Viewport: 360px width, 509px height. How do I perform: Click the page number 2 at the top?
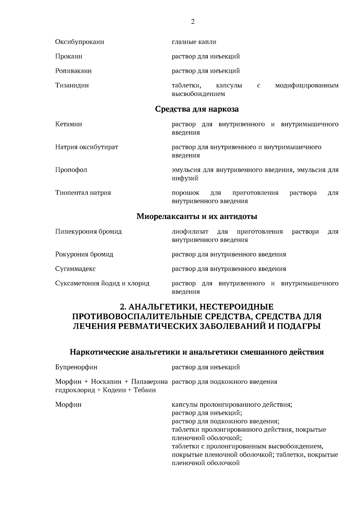coord(193,22)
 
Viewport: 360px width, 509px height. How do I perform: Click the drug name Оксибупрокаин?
coord(79,42)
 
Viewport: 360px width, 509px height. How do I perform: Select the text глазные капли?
coord(194,42)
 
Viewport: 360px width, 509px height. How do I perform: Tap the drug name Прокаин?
coord(69,56)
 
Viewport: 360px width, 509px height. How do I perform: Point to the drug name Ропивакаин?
coord(73,71)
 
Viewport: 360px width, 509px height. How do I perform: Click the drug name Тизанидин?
coord(72,85)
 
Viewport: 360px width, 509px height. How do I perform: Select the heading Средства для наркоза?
coord(197,109)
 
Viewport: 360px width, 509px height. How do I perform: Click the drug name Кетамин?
coord(68,124)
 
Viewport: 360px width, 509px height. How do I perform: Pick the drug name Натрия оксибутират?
coord(86,147)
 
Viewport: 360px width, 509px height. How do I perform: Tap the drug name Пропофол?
coord(71,170)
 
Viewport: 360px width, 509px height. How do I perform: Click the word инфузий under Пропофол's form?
coord(181,178)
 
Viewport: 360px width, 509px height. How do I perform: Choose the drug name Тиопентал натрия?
coord(83,193)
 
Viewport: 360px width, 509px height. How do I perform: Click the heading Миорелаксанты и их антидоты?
coord(197,216)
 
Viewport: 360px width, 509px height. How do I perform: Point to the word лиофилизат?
coord(189,232)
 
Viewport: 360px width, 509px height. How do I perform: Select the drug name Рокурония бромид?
coord(84,254)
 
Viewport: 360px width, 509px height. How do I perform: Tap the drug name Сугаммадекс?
coord(75,269)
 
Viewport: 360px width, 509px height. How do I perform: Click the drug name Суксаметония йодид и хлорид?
coord(102,283)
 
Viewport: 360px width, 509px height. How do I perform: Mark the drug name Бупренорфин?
coord(76,367)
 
